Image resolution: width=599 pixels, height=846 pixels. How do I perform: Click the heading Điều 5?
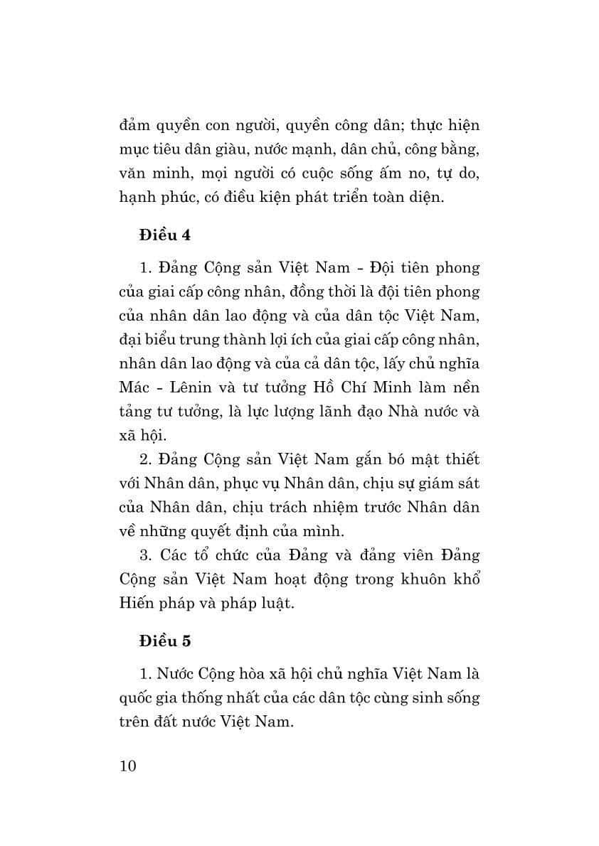165,640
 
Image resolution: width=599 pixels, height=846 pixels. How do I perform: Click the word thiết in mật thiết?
462,459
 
